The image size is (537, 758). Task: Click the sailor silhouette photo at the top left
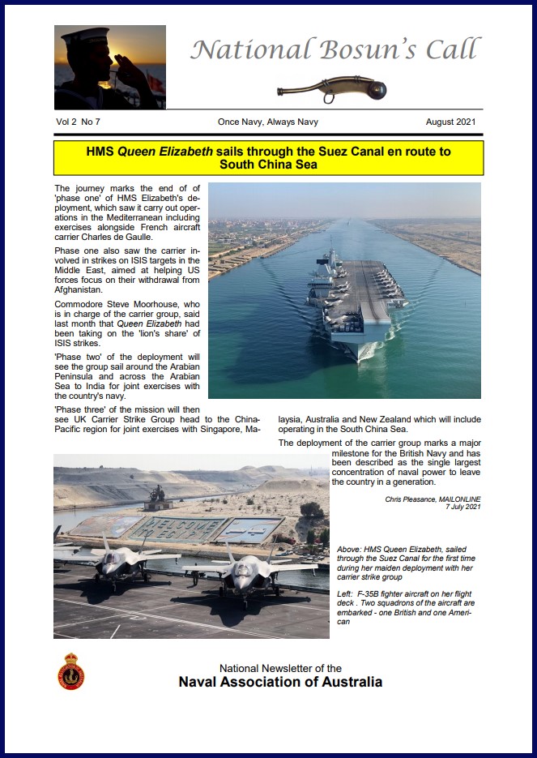pos(110,67)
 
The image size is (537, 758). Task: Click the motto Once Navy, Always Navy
pos(267,122)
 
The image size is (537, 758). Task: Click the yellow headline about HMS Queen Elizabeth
pos(268,158)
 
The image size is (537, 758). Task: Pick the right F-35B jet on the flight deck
pos(247,572)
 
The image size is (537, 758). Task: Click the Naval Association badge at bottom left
pos(71,672)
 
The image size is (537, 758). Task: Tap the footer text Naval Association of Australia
pos(280,682)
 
